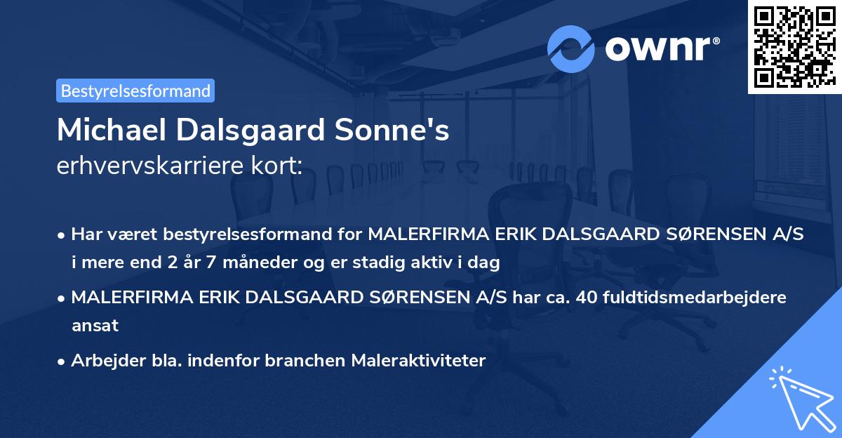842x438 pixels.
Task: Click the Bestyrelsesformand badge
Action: click(x=135, y=91)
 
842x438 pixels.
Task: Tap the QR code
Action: click(x=794, y=46)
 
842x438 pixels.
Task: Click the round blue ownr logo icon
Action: click(x=571, y=48)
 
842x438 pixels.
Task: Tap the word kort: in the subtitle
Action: click(x=279, y=166)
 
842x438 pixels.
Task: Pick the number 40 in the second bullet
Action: click(x=584, y=298)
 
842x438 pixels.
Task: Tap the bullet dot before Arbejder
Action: click(x=62, y=361)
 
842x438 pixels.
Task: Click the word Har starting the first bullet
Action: click(x=86, y=235)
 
